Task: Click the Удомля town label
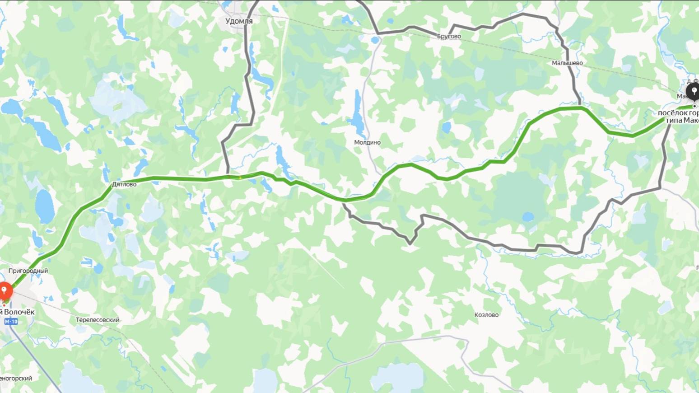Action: pyautogui.click(x=239, y=21)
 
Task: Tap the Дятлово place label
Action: pyautogui.click(x=124, y=184)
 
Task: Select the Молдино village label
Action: pyautogui.click(x=367, y=142)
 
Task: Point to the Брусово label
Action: pyautogui.click(x=449, y=36)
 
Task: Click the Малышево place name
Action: pyautogui.click(x=567, y=63)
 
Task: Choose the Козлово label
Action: pyautogui.click(x=486, y=315)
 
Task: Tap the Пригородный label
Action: pyautogui.click(x=28, y=271)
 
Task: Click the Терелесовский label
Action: pyautogui.click(x=98, y=320)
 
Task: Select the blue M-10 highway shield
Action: pyautogui.click(x=11, y=322)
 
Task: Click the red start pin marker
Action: pyautogui.click(x=5, y=290)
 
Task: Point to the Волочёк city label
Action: pyautogui.click(x=18, y=312)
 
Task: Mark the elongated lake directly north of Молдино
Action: pyautogui.click(x=358, y=115)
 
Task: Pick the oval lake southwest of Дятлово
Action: pyautogui.click(x=45, y=206)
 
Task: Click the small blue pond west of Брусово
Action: pyautogui.click(x=375, y=40)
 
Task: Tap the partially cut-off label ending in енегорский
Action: pyautogui.click(x=16, y=378)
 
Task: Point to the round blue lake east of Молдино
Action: pyautogui.click(x=446, y=128)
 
